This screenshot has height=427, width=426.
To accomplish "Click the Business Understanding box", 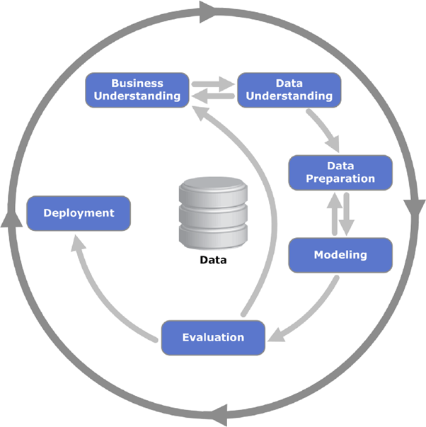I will pyautogui.click(x=137, y=90).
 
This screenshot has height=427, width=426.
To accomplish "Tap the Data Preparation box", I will pyautogui.click(x=340, y=172).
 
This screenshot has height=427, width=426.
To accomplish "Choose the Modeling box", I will pyautogui.click(x=340, y=255).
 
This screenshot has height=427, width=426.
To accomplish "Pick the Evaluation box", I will pyautogui.click(x=213, y=337).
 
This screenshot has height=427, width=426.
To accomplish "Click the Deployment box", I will pyautogui.click(x=79, y=212).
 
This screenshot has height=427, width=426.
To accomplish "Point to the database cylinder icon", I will pyautogui.click(x=212, y=212).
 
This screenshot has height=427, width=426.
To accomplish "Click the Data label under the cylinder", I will pyautogui.click(x=212, y=259).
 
